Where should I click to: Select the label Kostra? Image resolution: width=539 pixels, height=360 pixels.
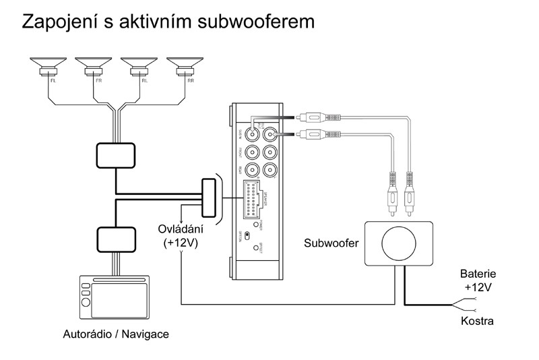[x=478, y=321]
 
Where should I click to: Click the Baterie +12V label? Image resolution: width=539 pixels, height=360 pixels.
[x=478, y=281]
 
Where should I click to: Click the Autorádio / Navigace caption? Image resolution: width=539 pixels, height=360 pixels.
[x=116, y=334]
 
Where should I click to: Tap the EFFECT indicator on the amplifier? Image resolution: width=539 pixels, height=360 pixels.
[x=255, y=247]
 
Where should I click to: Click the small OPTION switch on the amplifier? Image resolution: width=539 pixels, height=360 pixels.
[x=247, y=235]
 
